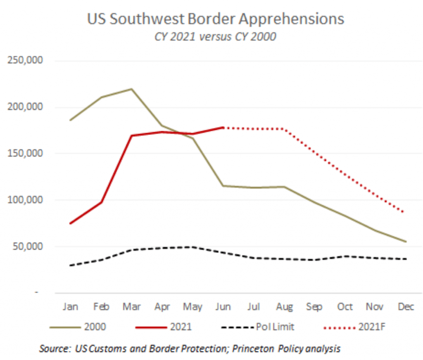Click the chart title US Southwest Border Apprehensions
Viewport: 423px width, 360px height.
pos(215,19)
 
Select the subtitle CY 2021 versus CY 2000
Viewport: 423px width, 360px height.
pos(215,37)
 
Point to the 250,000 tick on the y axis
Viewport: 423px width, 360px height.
pos(26,61)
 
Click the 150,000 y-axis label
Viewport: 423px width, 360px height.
pos(26,154)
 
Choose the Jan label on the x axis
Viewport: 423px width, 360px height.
pos(70,307)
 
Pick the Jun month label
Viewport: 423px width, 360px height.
pos(223,307)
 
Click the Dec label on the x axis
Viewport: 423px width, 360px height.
pos(406,307)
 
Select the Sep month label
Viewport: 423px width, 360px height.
pos(314,307)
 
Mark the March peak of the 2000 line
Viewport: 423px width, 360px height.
pos(131,89)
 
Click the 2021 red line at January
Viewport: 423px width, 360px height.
pos(71,223)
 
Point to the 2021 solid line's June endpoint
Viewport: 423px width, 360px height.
pos(223,128)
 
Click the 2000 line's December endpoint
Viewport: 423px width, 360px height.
pos(406,242)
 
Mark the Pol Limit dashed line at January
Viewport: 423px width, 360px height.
pos(71,265)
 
